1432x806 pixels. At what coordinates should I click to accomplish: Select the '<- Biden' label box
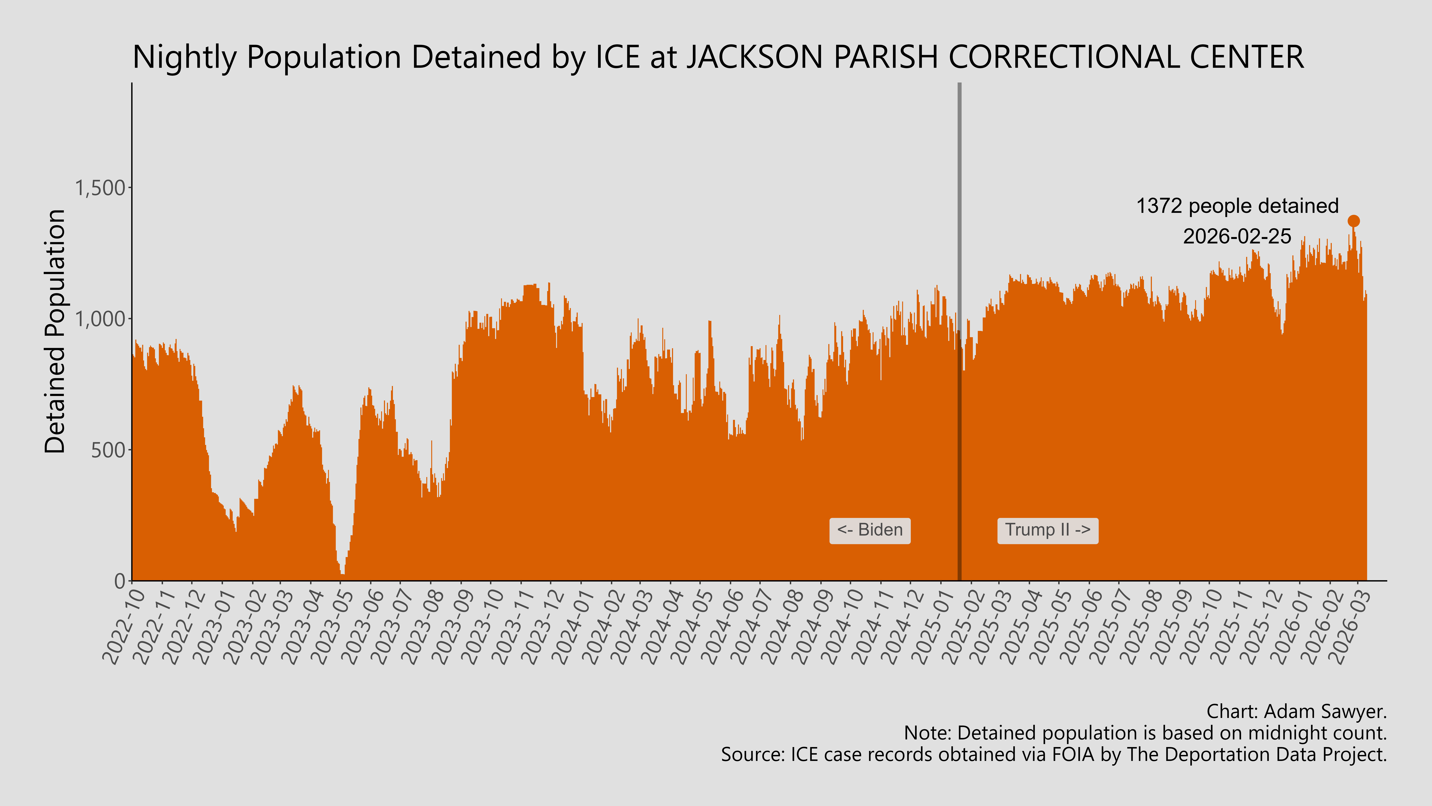[869, 530]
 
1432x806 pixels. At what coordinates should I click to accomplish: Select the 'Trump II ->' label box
[1047, 530]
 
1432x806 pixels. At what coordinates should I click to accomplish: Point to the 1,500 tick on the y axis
[100, 188]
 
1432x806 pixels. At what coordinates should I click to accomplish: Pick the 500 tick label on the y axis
[108, 450]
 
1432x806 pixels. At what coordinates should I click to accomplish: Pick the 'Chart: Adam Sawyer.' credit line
[1296, 711]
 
